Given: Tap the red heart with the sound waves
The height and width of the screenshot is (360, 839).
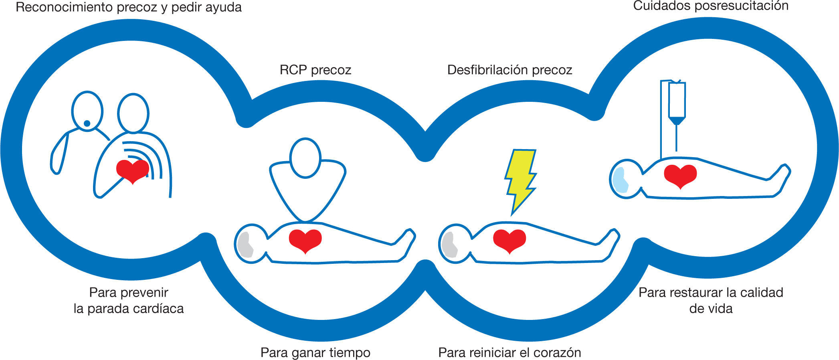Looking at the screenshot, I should [132, 171].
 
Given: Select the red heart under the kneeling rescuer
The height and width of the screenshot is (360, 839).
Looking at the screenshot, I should [305, 240].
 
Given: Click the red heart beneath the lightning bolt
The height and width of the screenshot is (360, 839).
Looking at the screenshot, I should [509, 240].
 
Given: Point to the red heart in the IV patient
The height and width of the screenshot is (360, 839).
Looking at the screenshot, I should [680, 175].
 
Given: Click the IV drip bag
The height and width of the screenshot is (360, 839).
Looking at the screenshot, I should [677, 100].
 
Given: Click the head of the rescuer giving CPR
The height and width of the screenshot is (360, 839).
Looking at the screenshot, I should [305, 158].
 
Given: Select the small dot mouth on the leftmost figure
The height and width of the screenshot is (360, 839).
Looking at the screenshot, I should [87, 123].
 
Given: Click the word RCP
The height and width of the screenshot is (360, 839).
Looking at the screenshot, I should [293, 70].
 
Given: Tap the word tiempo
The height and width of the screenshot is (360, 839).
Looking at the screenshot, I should [349, 353].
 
